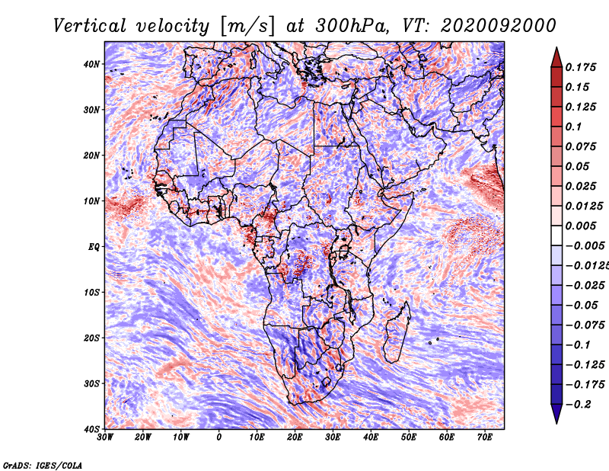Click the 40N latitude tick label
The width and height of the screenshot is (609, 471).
pyautogui.click(x=91, y=64)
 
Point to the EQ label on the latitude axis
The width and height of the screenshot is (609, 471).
pyautogui.click(x=94, y=247)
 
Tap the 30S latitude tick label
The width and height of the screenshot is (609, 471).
pyautogui.click(x=91, y=383)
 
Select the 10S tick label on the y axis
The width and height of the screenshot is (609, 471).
pyautogui.click(x=91, y=292)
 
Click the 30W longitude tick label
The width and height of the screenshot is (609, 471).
pyautogui.click(x=105, y=437)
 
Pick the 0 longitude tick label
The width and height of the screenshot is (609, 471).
pyautogui.click(x=219, y=437)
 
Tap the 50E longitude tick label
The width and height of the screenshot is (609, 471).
pyautogui.click(x=409, y=437)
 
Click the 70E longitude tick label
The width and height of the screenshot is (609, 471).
pyautogui.click(x=485, y=437)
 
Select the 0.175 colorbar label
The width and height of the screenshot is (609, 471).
pyautogui.click(x=581, y=67)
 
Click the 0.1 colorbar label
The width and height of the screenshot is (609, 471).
pyautogui.click(x=574, y=127)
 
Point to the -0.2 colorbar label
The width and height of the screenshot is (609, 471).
pyautogui.click(x=578, y=405)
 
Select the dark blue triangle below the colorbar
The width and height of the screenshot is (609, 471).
pyautogui.click(x=556, y=413)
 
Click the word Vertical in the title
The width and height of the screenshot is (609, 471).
pyautogui.click(x=90, y=26)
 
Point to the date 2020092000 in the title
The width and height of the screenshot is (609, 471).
pyautogui.click(x=498, y=26)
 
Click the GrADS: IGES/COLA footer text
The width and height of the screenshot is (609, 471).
pyautogui.click(x=43, y=465)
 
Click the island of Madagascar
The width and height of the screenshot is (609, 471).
pyautogui.click(x=397, y=332)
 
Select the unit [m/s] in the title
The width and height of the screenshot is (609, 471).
pyautogui.click(x=247, y=27)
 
